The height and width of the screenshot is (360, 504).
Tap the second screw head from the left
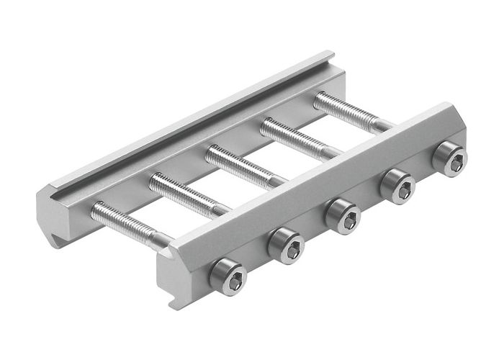point(286,245)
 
